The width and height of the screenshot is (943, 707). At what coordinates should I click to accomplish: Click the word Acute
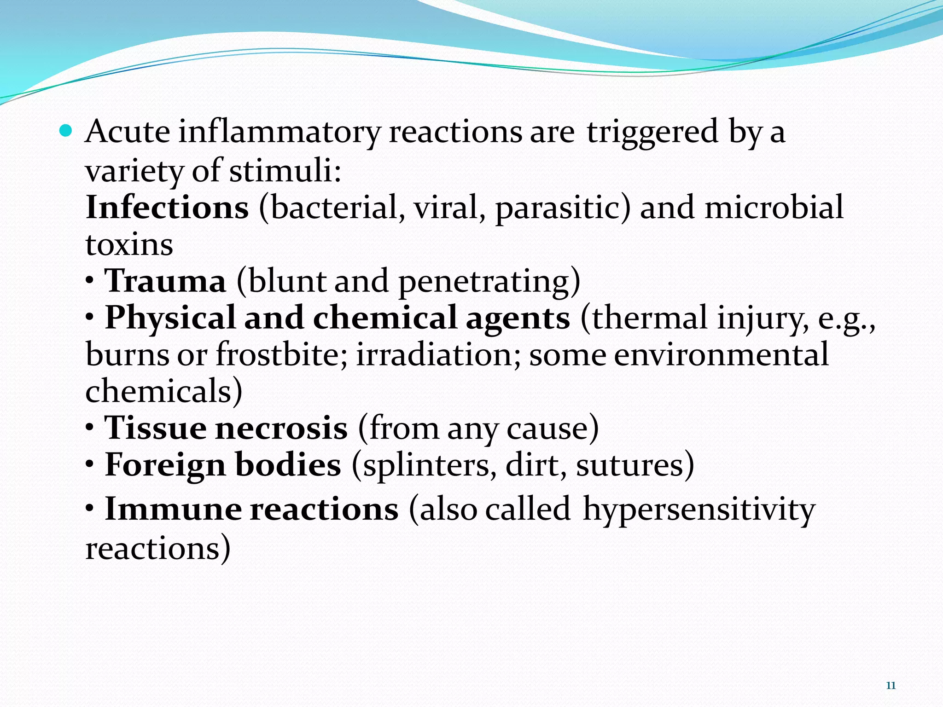tap(128, 132)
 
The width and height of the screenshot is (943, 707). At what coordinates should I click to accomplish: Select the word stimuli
tap(285, 171)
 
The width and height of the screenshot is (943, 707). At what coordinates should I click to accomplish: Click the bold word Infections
tap(167, 208)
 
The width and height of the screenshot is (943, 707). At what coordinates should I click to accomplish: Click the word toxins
tap(129, 245)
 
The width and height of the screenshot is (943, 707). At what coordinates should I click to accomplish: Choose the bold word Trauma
tap(165, 281)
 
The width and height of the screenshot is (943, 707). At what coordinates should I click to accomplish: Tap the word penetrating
tap(489, 282)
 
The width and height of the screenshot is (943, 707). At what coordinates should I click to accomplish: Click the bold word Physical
tap(170, 319)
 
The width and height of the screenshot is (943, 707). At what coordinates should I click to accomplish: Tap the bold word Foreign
tap(165, 465)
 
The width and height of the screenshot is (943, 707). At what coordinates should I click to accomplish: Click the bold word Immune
tap(173, 510)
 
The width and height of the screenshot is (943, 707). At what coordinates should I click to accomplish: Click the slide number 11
tap(891, 686)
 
